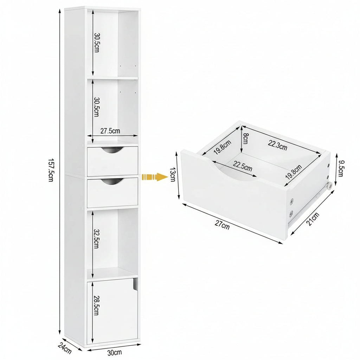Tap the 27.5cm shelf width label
(x=110, y=131)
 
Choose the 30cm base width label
(x=115, y=352)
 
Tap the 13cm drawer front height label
(x=173, y=174)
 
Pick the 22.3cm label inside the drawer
(x=277, y=145)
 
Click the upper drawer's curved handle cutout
(x=112, y=150)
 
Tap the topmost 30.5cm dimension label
(x=96, y=43)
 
